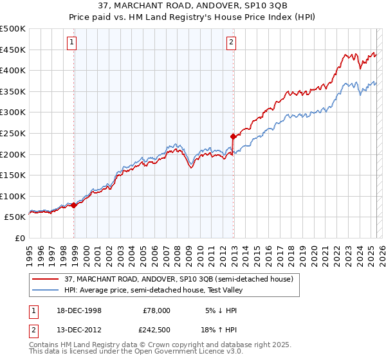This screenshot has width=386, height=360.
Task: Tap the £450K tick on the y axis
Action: click(x=14, y=50)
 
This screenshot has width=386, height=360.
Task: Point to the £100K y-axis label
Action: click(x=14, y=196)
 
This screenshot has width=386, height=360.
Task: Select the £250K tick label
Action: click(x=14, y=133)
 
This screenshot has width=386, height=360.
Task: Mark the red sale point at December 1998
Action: click(x=74, y=205)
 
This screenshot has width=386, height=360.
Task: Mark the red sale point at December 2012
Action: click(x=233, y=136)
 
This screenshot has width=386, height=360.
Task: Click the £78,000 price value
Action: click(x=156, y=310)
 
